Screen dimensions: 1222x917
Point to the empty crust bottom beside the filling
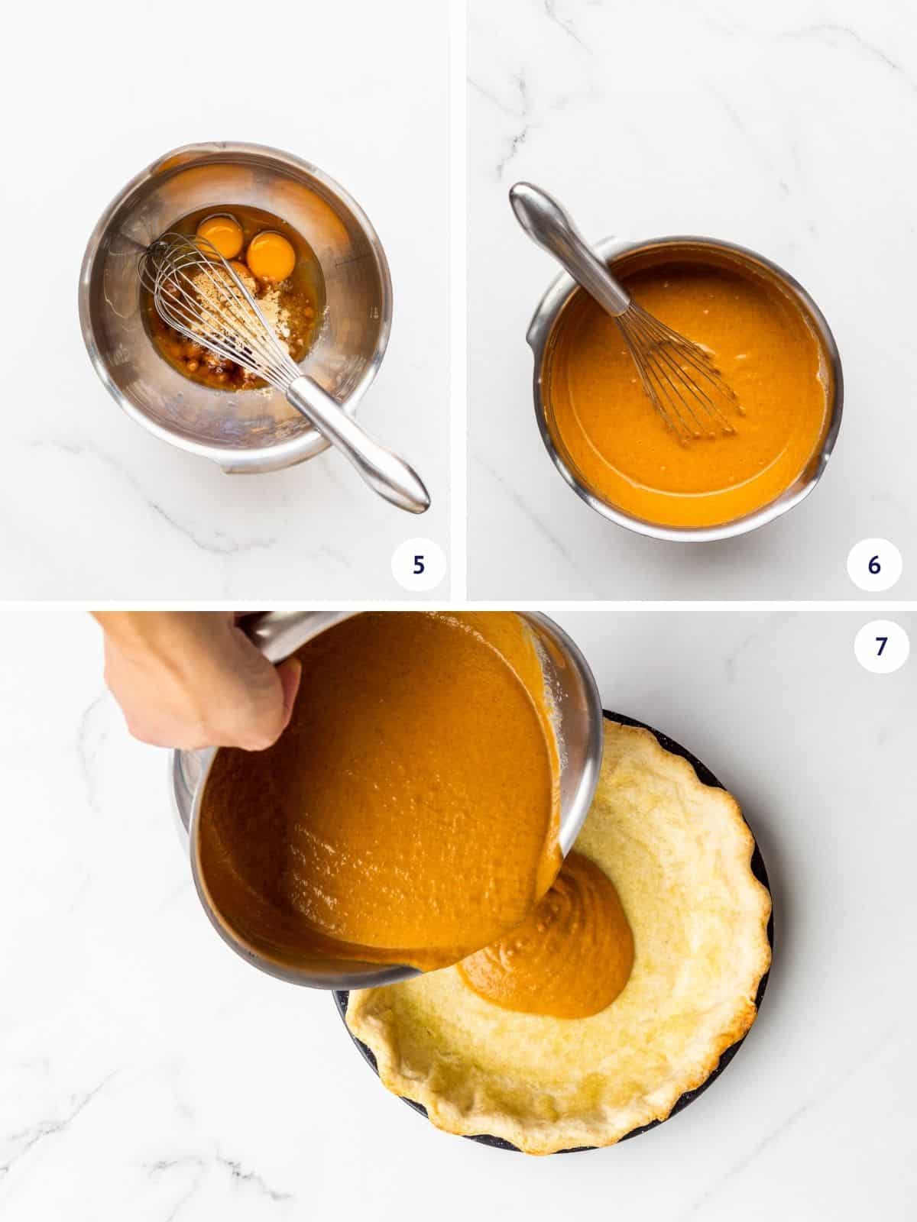pyautogui.click(x=672, y=1016)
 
